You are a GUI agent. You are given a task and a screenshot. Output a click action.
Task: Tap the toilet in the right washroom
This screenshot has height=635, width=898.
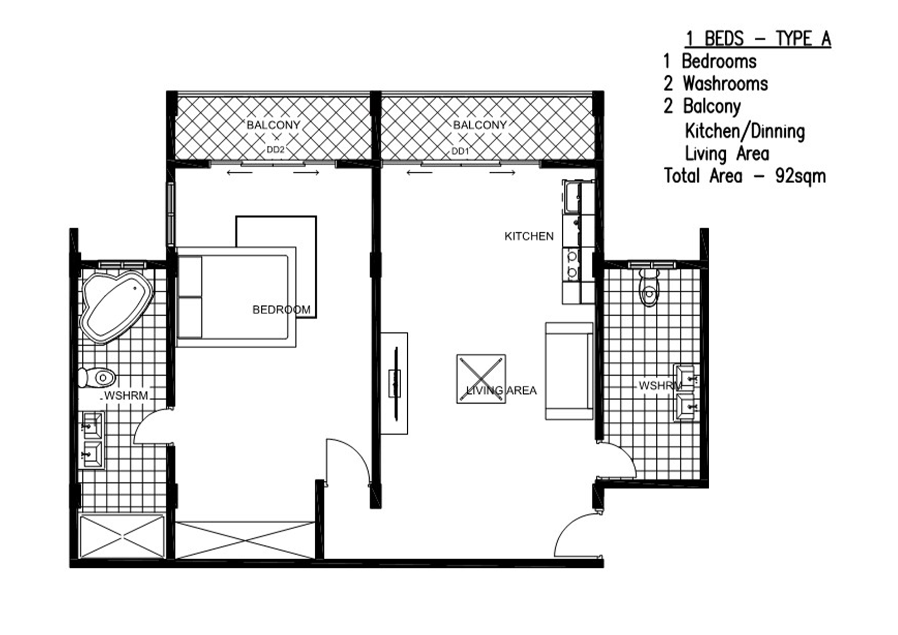tap(649, 287)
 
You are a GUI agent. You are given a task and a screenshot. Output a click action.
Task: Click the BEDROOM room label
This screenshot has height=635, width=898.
tap(281, 310)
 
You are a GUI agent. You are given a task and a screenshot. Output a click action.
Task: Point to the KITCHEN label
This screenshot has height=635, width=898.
tap(529, 236)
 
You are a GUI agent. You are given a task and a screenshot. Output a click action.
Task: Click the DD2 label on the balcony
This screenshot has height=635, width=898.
tap(275, 150)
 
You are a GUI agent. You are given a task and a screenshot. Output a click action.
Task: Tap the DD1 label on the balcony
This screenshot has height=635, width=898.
tap(460, 151)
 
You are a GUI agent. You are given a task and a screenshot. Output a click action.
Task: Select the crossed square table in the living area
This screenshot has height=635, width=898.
tap(481, 378)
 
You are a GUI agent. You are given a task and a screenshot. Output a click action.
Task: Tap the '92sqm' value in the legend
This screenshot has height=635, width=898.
tap(800, 176)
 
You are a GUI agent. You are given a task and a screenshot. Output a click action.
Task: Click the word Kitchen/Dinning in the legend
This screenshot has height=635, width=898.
tap(745, 131)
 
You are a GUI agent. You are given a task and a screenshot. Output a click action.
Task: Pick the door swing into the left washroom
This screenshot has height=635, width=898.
tap(152, 427)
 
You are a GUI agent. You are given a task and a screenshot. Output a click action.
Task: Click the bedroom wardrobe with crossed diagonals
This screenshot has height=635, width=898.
tap(245, 540)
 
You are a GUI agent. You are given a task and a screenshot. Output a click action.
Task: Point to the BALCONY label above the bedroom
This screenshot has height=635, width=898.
tap(273, 125)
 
